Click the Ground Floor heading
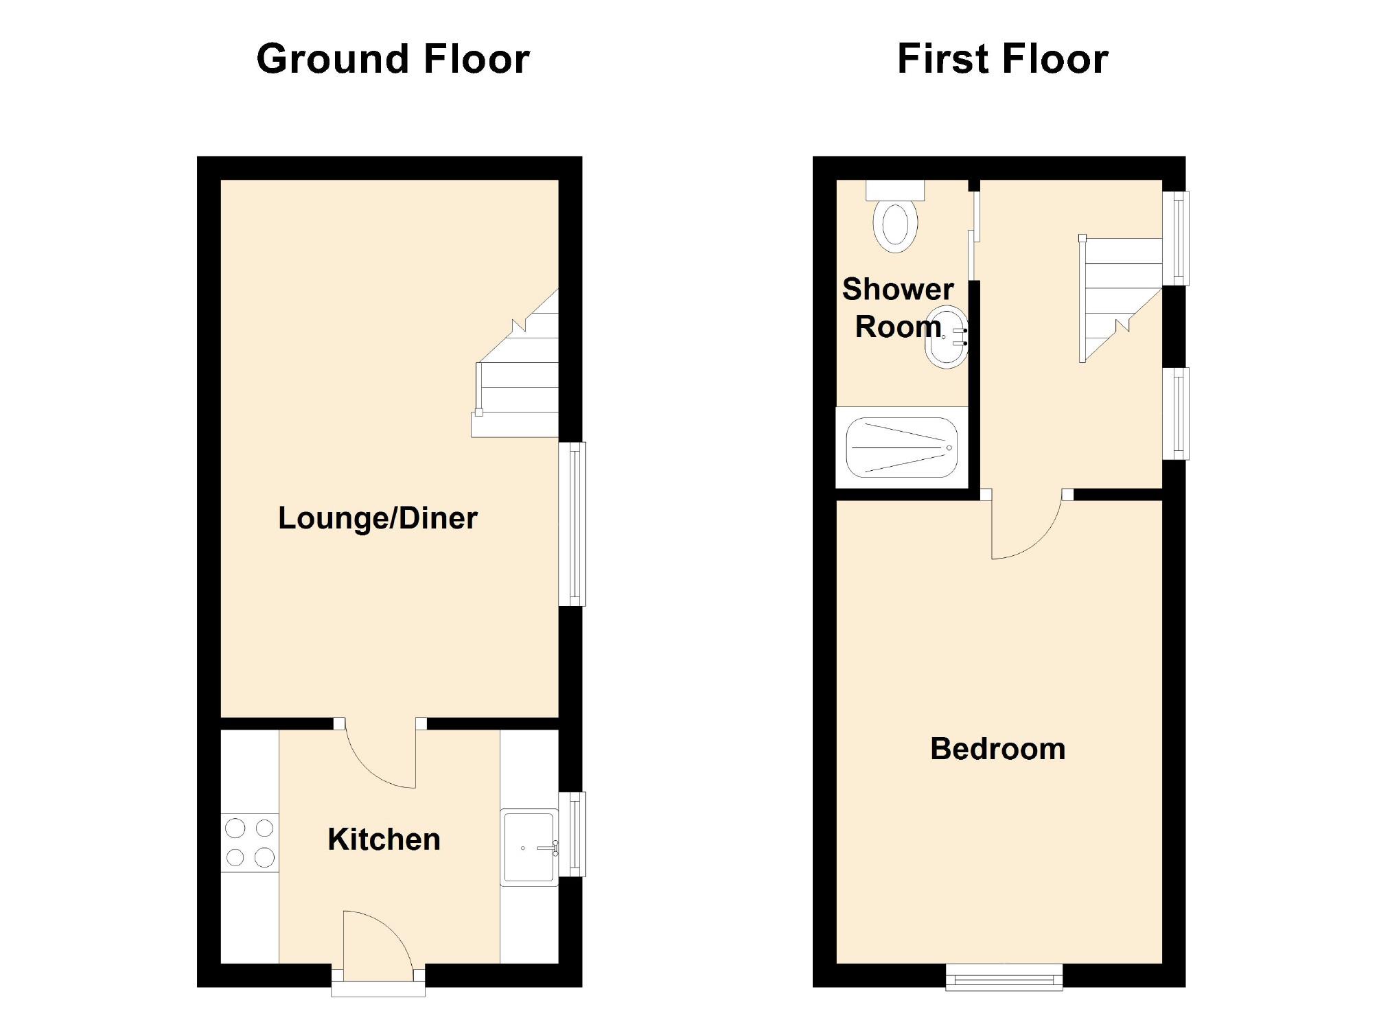pos(393,59)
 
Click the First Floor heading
pos(1002,59)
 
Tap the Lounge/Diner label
pos(378,518)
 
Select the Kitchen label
pos(384,839)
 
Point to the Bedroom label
pos(997,749)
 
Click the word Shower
pos(898,290)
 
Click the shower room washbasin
pos(947,338)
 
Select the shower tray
pos(901,448)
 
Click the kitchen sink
pos(529,847)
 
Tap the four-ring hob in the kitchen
pos(250,842)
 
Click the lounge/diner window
pos(572,524)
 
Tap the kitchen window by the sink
pos(572,834)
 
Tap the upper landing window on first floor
pos(1175,237)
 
